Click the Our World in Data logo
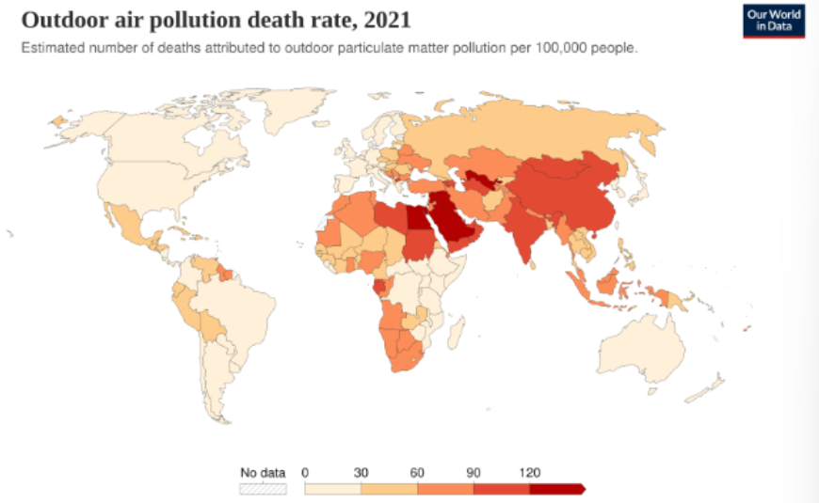(x=774, y=21)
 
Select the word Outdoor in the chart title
(x=59, y=20)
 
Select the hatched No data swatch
(x=263, y=489)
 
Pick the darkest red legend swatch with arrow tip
(x=557, y=489)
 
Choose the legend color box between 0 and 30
(x=332, y=489)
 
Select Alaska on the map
(x=71, y=127)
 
